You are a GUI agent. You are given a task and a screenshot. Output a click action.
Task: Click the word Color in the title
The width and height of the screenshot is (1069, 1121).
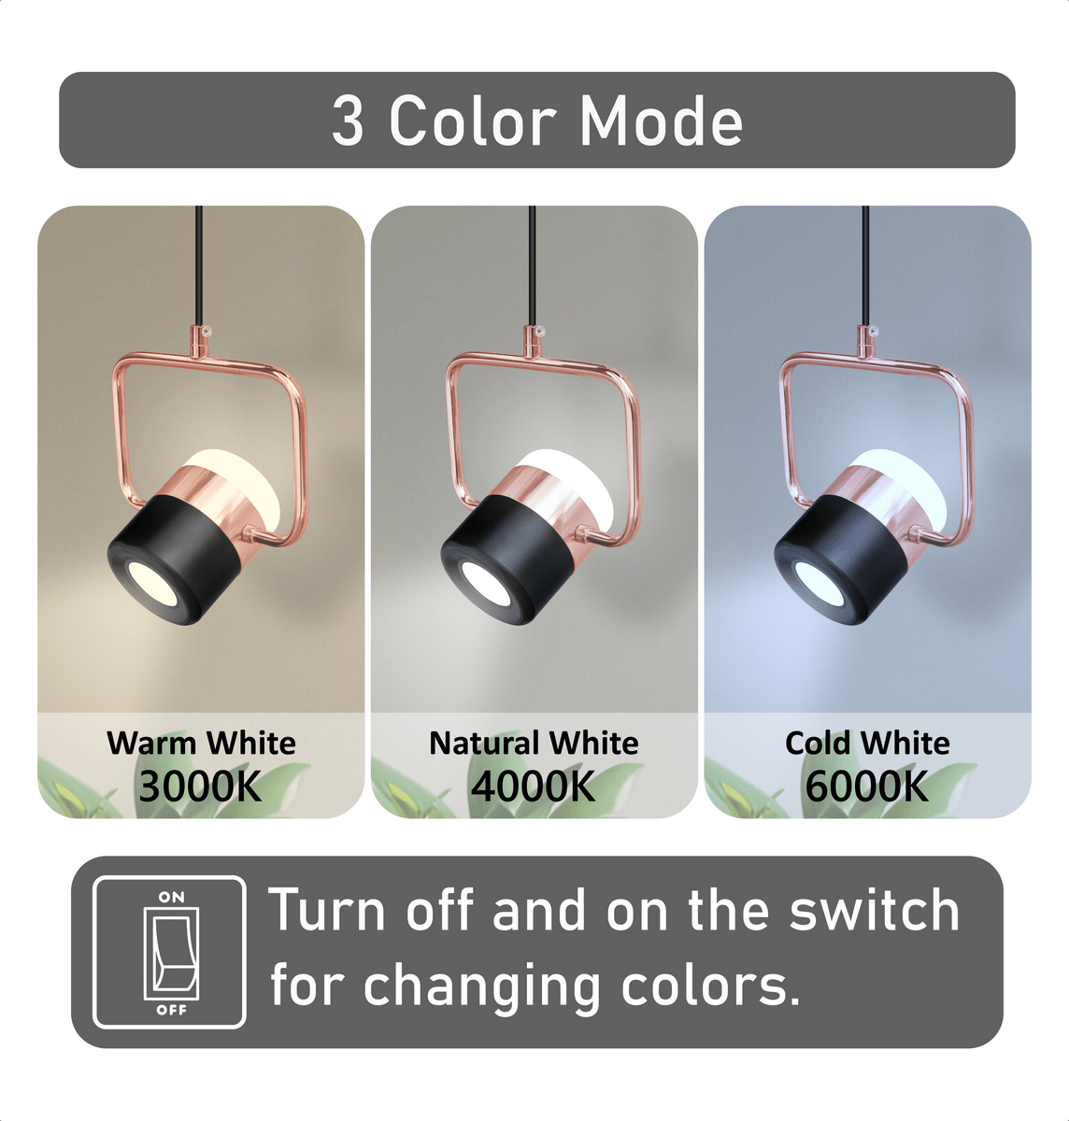point(472,121)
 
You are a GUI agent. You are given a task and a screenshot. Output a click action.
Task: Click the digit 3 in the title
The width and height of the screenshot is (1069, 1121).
point(348,122)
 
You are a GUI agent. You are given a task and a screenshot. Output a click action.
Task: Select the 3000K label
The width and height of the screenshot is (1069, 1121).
point(200,787)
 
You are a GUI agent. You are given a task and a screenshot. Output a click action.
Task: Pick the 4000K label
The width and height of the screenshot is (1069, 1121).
point(534,787)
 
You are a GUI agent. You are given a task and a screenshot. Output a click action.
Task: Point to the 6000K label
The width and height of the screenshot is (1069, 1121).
point(867,787)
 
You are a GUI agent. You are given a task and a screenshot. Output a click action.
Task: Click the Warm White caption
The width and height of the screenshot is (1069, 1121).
point(201,743)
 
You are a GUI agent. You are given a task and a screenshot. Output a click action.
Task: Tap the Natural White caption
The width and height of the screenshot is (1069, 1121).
point(534,743)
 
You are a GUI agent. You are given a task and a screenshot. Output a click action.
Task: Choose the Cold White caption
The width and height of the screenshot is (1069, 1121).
point(867,743)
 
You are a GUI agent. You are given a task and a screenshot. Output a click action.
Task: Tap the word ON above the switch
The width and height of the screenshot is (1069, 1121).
point(172,897)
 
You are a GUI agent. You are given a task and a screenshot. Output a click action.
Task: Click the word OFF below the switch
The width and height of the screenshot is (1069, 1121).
point(172,1010)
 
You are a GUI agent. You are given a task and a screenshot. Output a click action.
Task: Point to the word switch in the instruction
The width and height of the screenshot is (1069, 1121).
point(874,911)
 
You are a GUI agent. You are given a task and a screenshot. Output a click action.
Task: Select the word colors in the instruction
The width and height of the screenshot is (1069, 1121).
point(710,986)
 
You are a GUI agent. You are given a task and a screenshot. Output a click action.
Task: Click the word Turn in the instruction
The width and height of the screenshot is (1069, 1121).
point(326,911)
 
